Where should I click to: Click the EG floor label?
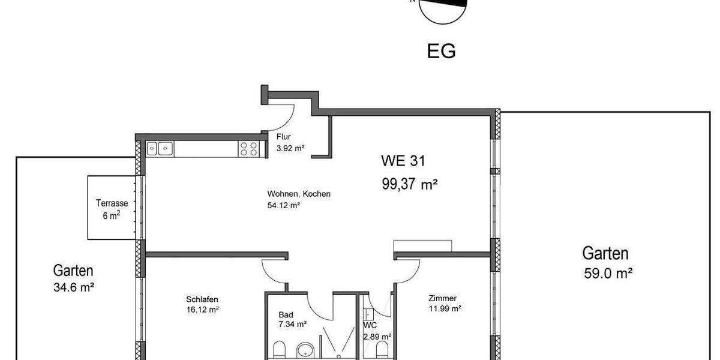441,51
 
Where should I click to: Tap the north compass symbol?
443,10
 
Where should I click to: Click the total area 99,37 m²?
409,184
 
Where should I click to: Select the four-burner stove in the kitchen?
249,148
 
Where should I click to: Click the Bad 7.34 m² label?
292,319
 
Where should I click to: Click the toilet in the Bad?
279,350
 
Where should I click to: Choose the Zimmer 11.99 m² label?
444,303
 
